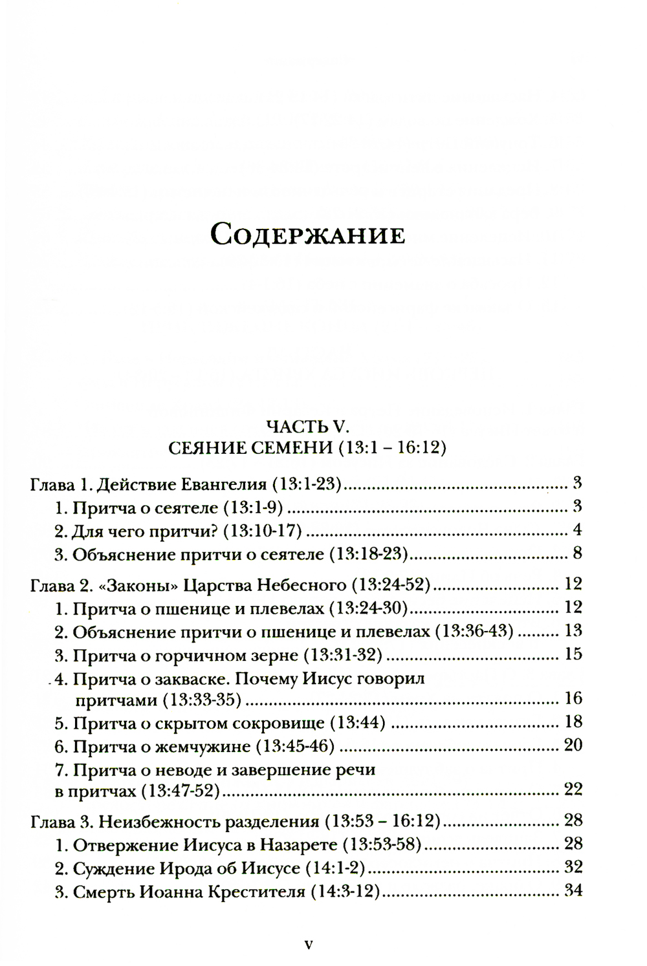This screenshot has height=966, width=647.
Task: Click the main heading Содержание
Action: [308, 234]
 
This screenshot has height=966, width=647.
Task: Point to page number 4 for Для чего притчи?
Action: [577, 530]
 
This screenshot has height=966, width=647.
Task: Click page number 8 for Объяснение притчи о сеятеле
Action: [577, 553]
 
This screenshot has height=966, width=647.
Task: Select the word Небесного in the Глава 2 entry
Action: [301, 586]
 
